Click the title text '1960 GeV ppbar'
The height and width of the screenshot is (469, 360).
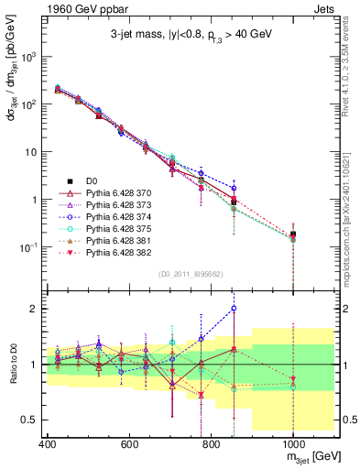tap(81, 8)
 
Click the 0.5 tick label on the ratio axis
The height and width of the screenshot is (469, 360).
tap(27, 420)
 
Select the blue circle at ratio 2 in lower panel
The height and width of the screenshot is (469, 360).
tap(234, 309)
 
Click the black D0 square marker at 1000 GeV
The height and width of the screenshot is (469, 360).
tap(293, 234)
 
